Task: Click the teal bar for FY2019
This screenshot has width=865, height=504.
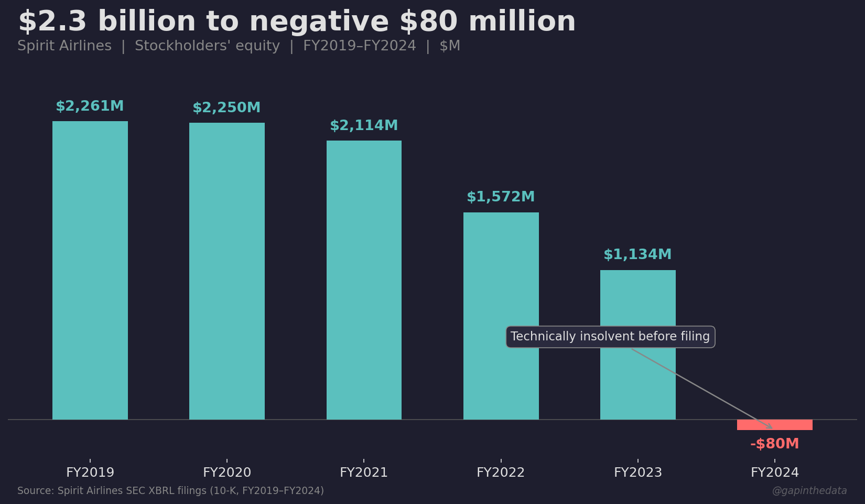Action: (x=90, y=270)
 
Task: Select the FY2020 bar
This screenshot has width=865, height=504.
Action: (x=227, y=271)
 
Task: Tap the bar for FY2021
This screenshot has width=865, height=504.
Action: (x=364, y=280)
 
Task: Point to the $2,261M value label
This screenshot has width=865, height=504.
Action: (x=90, y=106)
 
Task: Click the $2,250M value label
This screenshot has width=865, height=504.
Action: (x=226, y=108)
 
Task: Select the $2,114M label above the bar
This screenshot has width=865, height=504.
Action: (x=364, y=126)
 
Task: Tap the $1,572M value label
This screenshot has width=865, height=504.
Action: (x=501, y=197)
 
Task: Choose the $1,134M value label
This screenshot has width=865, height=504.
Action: (x=637, y=255)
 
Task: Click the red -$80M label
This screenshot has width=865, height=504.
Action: (x=774, y=444)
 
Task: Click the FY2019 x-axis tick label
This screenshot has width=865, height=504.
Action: (x=90, y=473)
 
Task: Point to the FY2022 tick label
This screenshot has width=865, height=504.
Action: (x=501, y=473)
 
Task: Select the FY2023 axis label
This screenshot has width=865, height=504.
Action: (x=637, y=473)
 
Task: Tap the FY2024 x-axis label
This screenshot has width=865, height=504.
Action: (x=774, y=473)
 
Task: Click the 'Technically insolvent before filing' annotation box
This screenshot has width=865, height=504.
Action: (x=610, y=337)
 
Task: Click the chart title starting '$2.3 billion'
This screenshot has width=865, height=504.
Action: (x=297, y=22)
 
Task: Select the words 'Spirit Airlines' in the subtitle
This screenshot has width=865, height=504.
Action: (x=64, y=46)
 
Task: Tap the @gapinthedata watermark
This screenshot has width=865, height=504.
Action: (x=809, y=491)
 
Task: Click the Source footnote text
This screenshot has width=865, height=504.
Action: (x=170, y=491)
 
